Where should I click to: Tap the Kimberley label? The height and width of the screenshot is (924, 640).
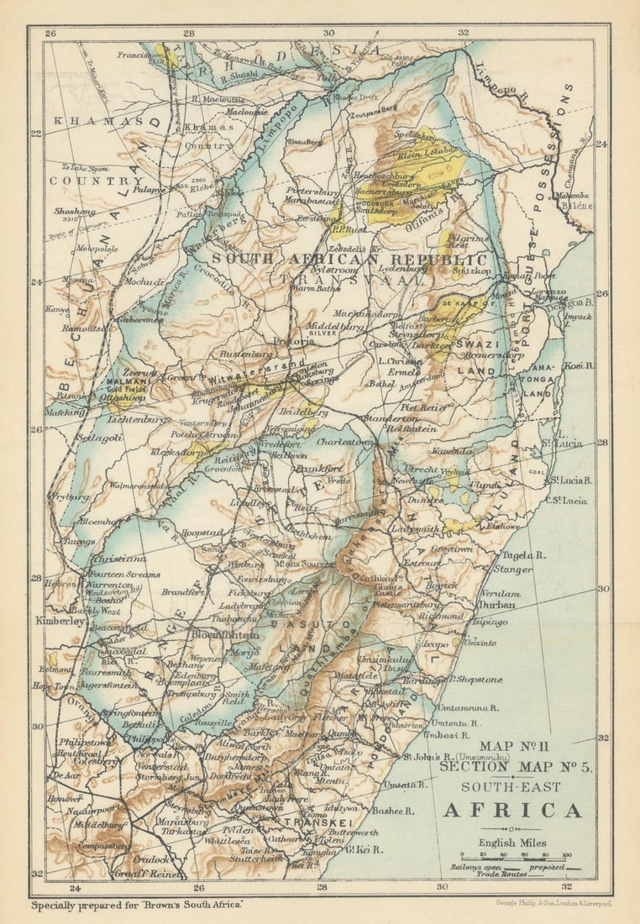[x=60, y=621]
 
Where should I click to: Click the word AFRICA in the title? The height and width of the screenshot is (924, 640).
[x=512, y=811]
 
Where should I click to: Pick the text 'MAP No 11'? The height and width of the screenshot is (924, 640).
[x=511, y=746]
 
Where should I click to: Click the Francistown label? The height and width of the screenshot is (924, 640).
[x=141, y=55]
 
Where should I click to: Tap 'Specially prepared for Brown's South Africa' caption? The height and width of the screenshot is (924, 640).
[x=137, y=906]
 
